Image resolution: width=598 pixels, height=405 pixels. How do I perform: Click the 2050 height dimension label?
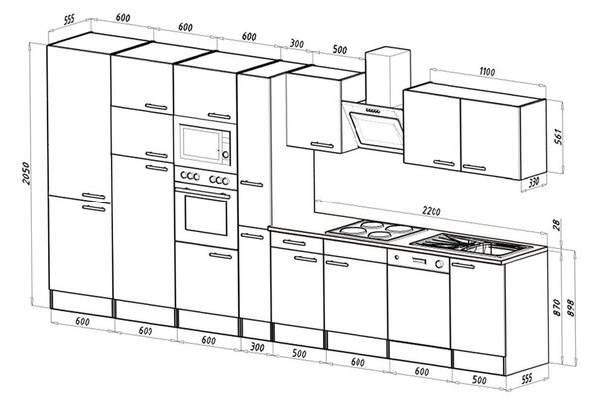[25, 173]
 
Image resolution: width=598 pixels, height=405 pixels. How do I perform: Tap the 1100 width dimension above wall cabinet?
[487, 72]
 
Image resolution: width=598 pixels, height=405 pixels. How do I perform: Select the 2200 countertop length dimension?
[431, 211]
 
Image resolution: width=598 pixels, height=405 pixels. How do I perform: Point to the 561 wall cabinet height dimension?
[557, 137]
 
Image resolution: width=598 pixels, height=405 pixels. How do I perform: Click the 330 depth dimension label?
[534, 182]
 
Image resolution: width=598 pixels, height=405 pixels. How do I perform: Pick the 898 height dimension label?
[571, 307]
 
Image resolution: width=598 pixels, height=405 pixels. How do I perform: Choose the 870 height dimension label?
[557, 307]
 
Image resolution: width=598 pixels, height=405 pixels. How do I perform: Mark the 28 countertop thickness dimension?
[557, 225]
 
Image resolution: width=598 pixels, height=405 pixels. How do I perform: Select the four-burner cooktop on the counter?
[376, 229]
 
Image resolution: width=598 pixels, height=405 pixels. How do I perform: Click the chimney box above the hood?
[387, 76]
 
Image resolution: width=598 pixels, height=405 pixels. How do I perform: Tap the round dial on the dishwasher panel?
[439, 264]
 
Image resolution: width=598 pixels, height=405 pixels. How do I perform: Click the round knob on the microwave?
[226, 155]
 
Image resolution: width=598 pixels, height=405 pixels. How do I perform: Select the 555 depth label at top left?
[69, 19]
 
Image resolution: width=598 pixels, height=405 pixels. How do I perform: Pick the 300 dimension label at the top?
[296, 43]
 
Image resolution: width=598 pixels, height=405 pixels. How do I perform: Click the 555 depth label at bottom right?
[526, 379]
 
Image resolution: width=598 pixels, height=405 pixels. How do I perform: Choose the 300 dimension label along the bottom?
[257, 347]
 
